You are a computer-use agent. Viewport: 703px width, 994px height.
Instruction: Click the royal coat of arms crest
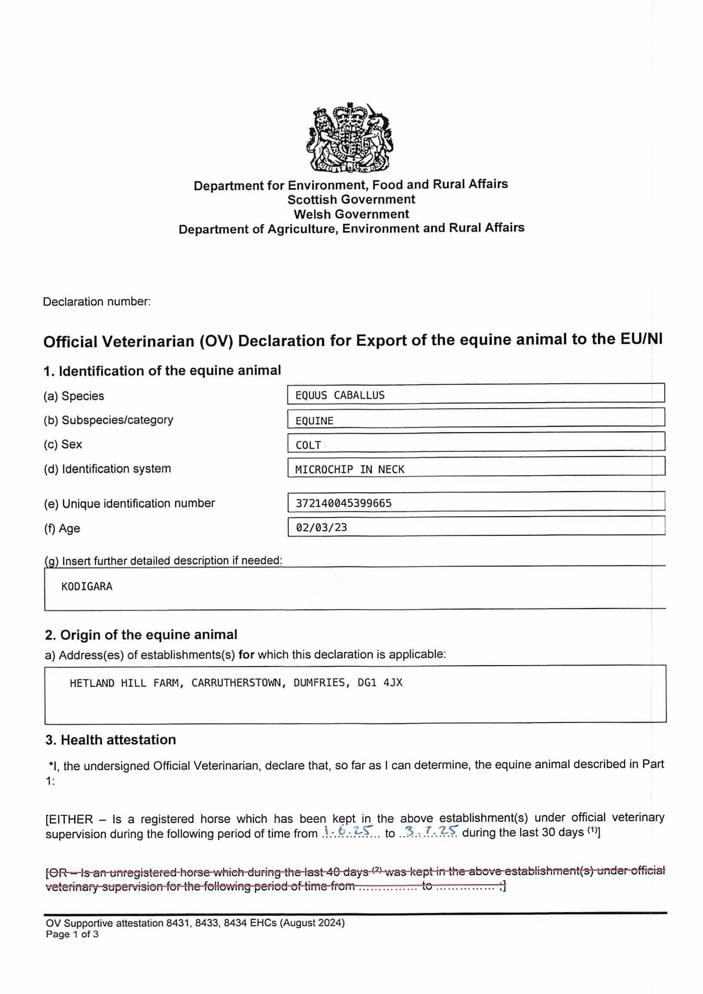351,138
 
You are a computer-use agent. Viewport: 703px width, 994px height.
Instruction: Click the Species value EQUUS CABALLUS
340,395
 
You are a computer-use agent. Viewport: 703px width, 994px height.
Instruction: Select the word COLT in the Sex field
308,445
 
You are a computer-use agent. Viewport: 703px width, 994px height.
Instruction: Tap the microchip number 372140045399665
343,503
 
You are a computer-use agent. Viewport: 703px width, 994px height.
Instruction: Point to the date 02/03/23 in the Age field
321,527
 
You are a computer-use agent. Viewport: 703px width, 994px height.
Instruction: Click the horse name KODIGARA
86,587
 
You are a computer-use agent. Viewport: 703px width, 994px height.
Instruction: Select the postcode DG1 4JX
379,683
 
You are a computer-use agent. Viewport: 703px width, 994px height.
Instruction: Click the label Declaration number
97,302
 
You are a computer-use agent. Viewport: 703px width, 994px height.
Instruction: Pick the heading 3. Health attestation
110,740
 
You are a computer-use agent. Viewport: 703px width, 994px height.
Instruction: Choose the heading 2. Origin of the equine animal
141,635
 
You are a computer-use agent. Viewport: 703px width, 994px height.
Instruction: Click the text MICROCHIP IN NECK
349,469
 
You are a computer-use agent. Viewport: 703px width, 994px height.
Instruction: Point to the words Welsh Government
351,214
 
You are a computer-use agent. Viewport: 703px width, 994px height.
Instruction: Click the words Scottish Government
351,199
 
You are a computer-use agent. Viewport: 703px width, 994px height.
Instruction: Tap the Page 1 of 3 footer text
72,934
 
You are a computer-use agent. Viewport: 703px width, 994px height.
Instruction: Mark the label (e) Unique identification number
129,504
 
